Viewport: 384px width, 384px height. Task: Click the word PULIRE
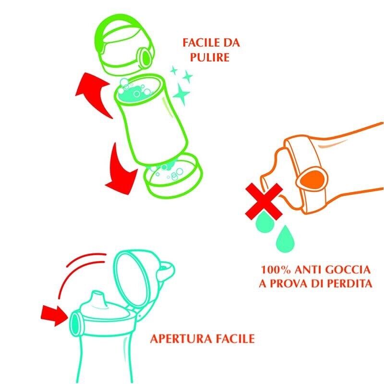(x=210, y=58)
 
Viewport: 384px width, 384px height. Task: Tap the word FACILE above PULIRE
(x=200, y=43)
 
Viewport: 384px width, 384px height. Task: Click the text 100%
(x=276, y=270)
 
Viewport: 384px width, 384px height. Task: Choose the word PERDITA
(x=350, y=284)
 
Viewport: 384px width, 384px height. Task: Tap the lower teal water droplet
(x=285, y=239)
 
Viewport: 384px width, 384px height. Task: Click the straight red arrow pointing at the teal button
(x=54, y=316)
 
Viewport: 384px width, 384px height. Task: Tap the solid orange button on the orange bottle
(x=312, y=179)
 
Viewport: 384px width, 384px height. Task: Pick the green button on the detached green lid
(x=145, y=58)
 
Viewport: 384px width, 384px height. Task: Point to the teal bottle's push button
(x=75, y=323)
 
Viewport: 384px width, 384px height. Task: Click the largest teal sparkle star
(x=181, y=94)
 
